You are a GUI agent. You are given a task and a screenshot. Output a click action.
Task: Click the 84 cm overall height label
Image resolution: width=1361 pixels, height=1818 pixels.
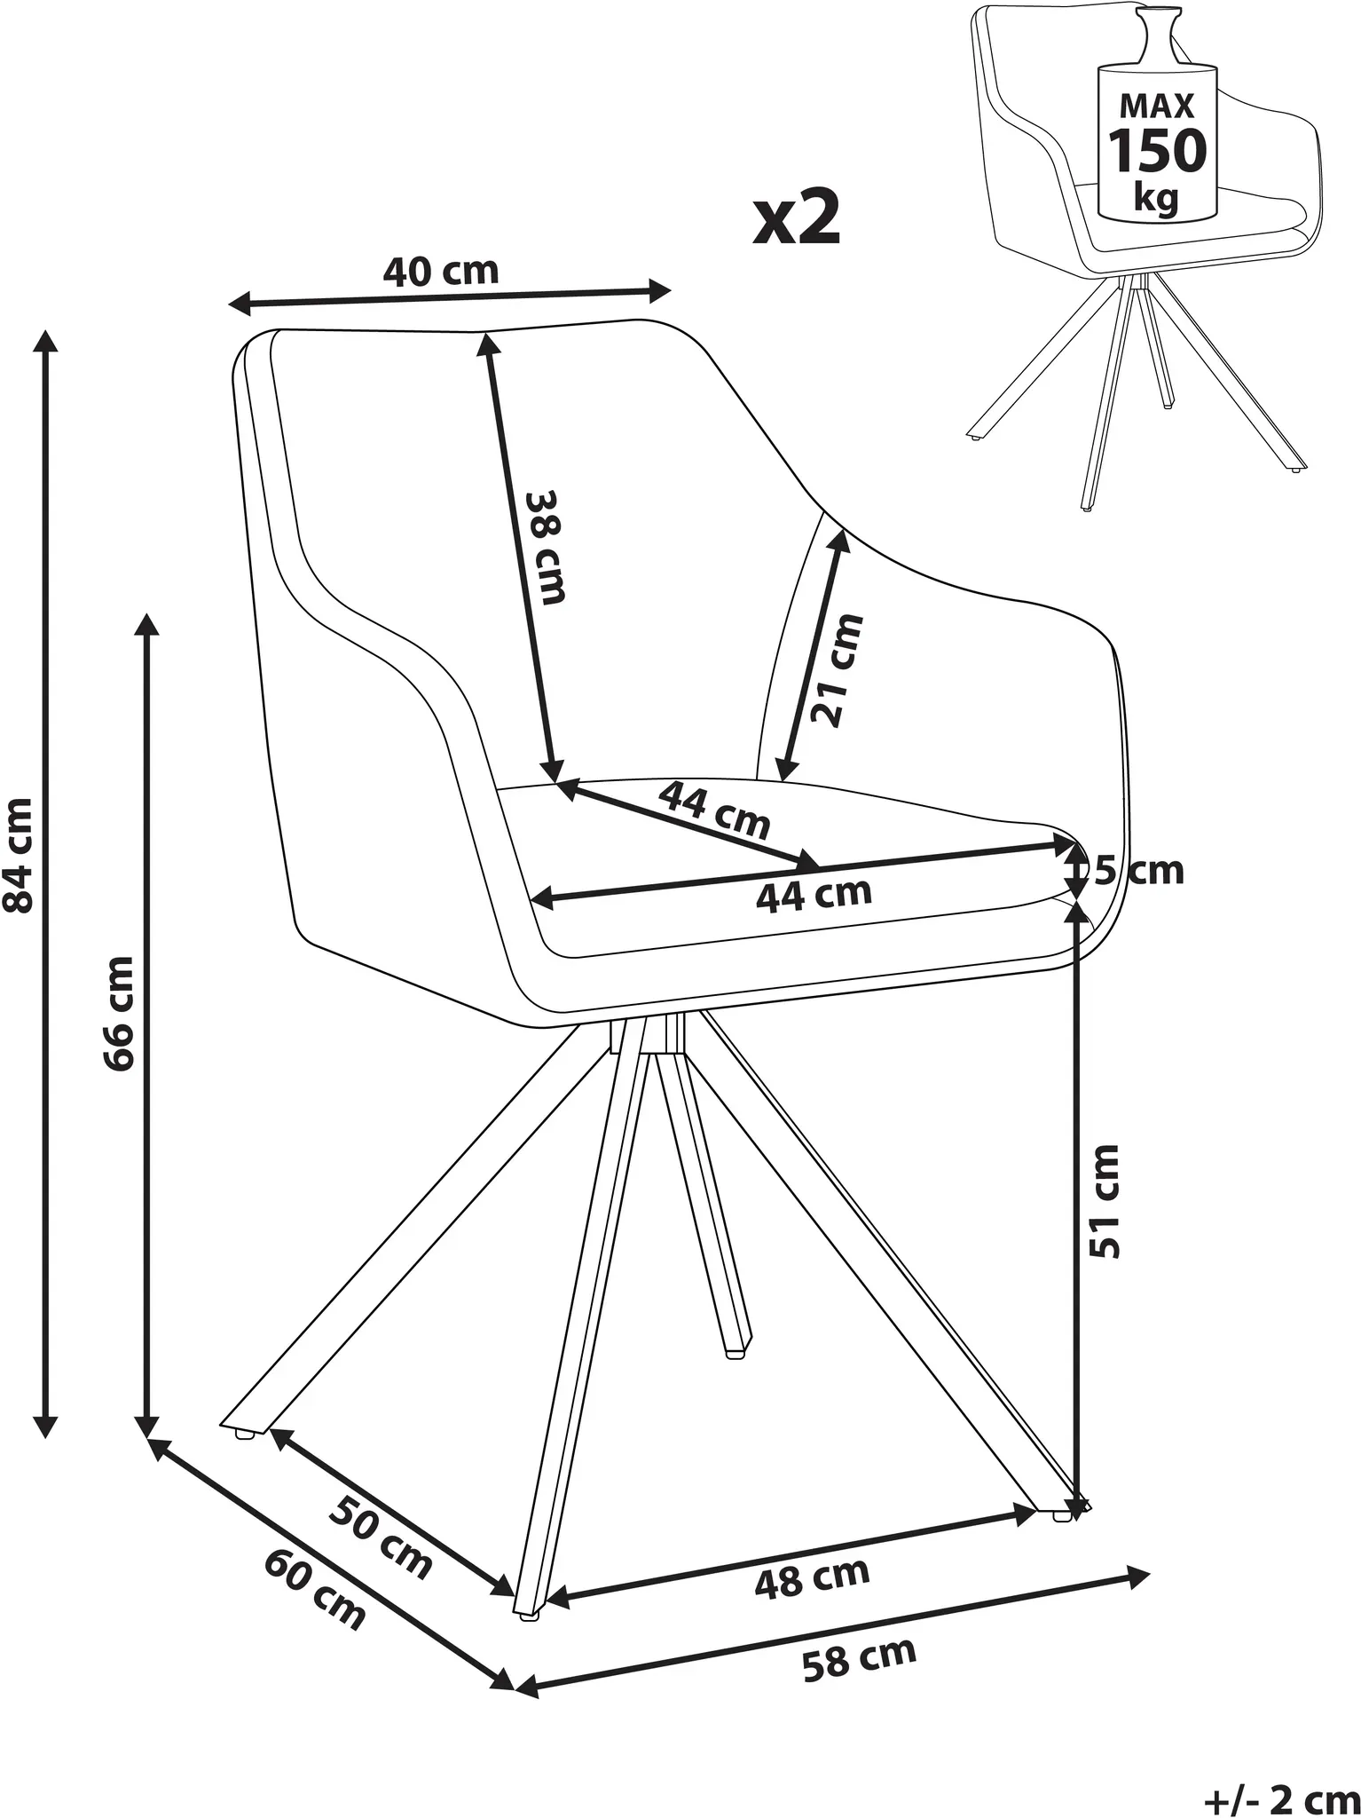pyautogui.click(x=20, y=854)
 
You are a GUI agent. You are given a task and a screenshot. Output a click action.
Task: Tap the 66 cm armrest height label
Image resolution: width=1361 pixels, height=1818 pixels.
pyautogui.click(x=119, y=1014)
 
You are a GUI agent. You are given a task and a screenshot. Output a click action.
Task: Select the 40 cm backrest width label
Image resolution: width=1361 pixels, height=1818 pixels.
pyautogui.click(x=441, y=271)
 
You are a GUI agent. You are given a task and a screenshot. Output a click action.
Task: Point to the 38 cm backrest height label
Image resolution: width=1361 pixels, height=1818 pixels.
pyautogui.click(x=543, y=547)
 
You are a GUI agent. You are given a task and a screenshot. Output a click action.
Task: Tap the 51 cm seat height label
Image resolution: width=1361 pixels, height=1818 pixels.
pyautogui.click(x=1105, y=1201)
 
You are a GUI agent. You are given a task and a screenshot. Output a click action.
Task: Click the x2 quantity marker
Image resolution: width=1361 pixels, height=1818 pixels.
pyautogui.click(x=796, y=218)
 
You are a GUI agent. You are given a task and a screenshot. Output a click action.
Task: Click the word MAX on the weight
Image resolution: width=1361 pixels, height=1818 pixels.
pyautogui.click(x=1157, y=107)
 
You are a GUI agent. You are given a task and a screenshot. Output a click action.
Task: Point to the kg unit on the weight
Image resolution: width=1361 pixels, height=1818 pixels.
pyautogui.click(x=1157, y=197)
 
